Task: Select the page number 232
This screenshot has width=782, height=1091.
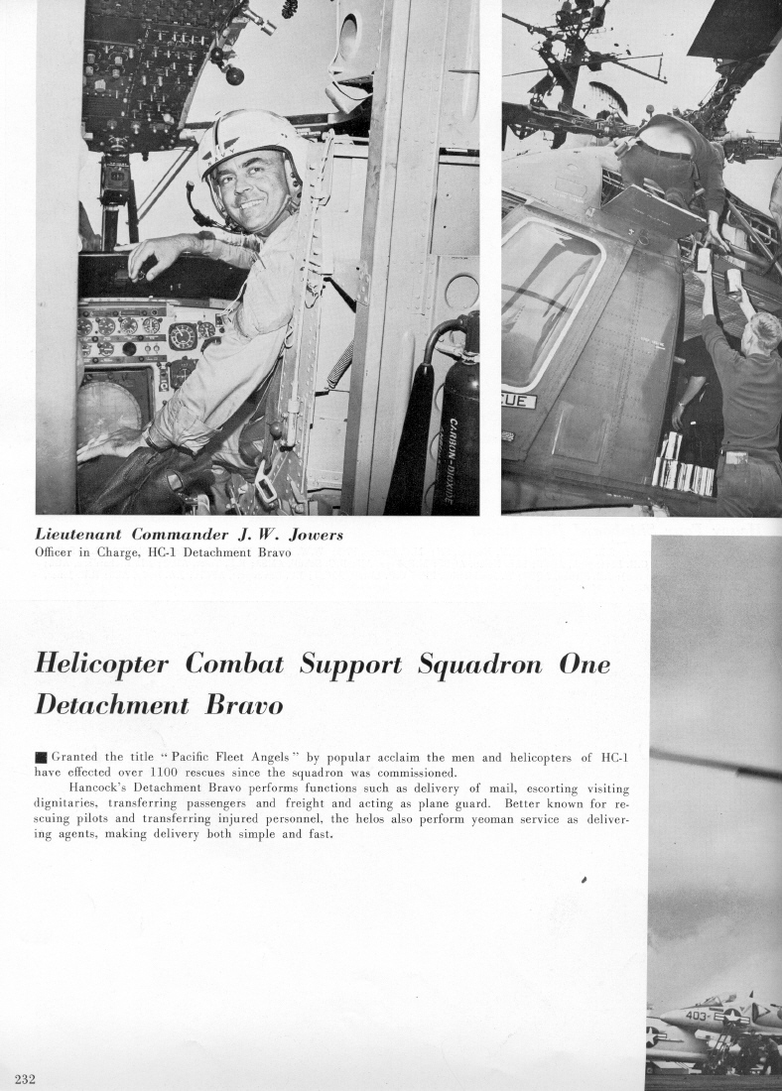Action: [x=25, y=1079]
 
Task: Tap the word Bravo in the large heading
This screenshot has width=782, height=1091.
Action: [x=243, y=705]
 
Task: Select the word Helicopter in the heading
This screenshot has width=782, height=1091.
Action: [x=102, y=664]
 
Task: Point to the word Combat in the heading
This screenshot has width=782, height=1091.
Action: [x=235, y=664]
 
